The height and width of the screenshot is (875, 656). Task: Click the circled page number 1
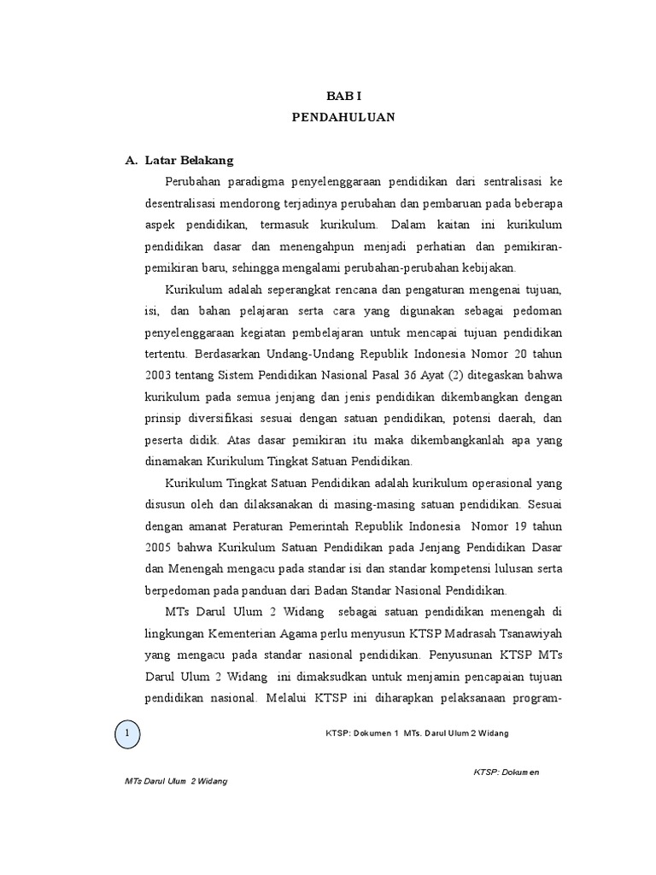[x=127, y=733]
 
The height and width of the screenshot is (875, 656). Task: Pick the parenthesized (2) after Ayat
[x=468, y=375]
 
